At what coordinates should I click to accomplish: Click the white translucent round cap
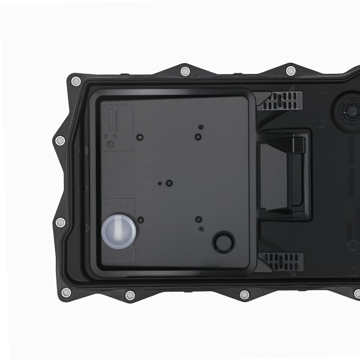click(x=118, y=232)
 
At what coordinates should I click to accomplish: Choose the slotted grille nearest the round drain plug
click(x=280, y=101)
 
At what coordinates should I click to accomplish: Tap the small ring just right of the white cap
click(x=141, y=220)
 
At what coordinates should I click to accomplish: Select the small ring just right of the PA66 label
click(x=139, y=137)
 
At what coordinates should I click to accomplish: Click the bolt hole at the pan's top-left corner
click(x=76, y=81)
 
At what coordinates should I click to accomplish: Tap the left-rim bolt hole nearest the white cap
click(x=61, y=222)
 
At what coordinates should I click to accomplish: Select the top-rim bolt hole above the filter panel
click(x=185, y=71)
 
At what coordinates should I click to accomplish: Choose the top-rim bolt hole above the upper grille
click(x=291, y=71)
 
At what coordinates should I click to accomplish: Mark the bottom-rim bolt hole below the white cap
click(x=130, y=296)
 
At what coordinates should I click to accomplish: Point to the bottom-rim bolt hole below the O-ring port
click(x=244, y=295)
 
